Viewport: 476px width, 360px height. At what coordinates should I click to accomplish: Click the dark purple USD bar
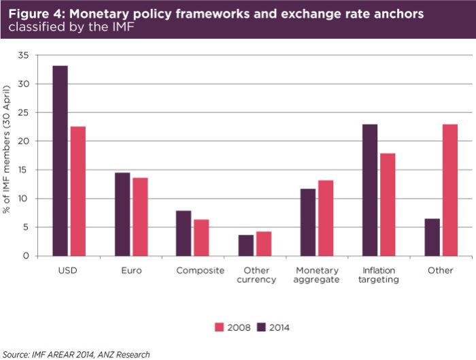[x=60, y=161]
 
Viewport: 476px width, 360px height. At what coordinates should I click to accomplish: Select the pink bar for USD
[x=78, y=191]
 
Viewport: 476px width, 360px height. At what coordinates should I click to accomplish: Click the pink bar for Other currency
[x=263, y=244]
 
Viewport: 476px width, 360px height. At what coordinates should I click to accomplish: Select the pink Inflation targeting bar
[x=387, y=204]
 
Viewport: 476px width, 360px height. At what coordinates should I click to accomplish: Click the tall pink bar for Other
[x=449, y=190]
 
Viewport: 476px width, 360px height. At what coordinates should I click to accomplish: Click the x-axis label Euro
[x=132, y=270]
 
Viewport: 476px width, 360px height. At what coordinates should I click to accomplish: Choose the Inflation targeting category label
[x=378, y=275]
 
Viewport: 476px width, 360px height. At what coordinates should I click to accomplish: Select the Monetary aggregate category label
[x=316, y=275]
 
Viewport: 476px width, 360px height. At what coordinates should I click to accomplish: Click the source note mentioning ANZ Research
[x=75, y=354]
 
